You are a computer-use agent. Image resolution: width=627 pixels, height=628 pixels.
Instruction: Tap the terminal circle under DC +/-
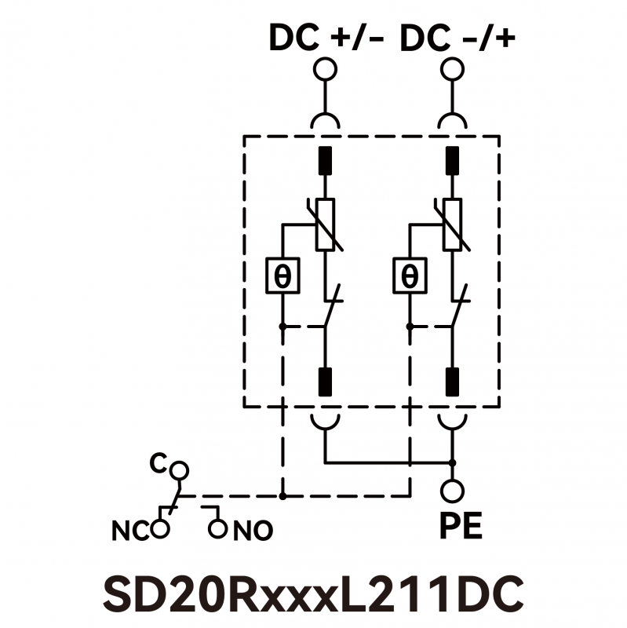(x=323, y=69)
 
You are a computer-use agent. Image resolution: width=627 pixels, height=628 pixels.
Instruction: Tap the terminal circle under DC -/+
(x=452, y=69)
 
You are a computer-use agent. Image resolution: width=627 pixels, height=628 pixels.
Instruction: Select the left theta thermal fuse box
(x=283, y=276)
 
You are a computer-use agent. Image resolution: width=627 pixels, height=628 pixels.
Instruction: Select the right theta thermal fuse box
(x=410, y=276)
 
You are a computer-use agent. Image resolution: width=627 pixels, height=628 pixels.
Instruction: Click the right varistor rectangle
(x=452, y=225)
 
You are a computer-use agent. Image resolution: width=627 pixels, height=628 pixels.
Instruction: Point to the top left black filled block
(x=324, y=160)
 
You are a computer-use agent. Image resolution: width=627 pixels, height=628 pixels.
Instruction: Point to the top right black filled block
(x=452, y=160)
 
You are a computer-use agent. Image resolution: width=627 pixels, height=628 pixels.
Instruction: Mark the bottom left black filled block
(x=324, y=381)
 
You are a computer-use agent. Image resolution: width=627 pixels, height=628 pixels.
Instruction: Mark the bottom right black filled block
(x=452, y=381)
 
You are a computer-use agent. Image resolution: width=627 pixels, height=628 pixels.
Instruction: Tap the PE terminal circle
(x=452, y=491)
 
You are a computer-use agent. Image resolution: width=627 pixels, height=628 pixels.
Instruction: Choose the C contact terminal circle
(x=180, y=470)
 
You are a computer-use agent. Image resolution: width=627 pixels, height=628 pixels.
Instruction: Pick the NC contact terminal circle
(x=161, y=528)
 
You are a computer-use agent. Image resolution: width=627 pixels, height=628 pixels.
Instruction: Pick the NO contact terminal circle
(x=218, y=528)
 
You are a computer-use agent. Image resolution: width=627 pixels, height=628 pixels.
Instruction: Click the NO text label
(x=253, y=531)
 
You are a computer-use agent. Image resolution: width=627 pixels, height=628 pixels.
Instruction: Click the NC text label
(x=129, y=531)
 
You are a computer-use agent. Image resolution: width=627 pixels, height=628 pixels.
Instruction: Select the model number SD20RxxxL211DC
(x=313, y=595)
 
